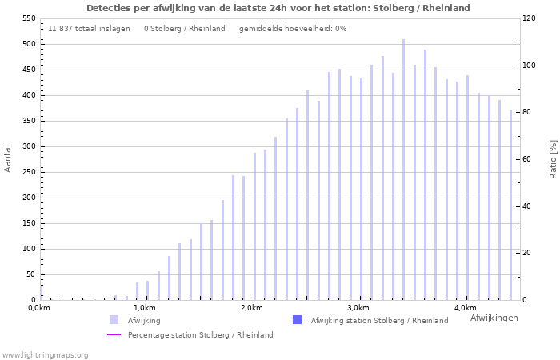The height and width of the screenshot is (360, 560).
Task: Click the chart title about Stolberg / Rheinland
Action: point(278,8)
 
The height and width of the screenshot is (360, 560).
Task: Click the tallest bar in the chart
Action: point(403,170)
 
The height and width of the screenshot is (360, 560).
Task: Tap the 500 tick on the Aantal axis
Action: point(27,44)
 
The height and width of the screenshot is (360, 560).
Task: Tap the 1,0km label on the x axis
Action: point(144,308)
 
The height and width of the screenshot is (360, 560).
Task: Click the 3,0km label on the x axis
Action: point(358,308)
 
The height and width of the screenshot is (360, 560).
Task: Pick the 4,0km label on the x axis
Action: point(465,308)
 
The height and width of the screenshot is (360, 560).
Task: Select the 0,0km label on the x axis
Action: point(39,308)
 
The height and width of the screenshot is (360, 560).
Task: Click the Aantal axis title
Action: point(8,158)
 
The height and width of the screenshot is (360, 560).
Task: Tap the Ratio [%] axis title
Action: point(553,158)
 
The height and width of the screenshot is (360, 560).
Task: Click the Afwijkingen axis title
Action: point(494,318)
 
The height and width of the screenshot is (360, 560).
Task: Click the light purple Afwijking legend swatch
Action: point(114,320)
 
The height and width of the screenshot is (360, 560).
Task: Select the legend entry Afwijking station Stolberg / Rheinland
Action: point(378,321)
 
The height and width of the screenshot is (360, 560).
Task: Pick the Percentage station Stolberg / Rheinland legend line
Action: point(114,335)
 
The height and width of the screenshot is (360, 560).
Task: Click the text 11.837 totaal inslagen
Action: point(89,29)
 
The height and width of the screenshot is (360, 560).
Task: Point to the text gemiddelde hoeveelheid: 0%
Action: point(293,29)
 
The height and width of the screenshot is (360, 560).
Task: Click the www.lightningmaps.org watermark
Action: point(46,354)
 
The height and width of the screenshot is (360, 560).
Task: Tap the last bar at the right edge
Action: point(510,205)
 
